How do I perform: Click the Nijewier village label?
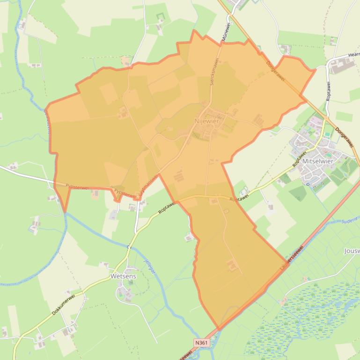click(x=206, y=121)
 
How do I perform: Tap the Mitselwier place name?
click(x=318, y=161)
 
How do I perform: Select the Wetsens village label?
click(x=123, y=276)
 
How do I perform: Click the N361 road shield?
click(x=201, y=343)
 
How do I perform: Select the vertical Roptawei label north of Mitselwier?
click(x=328, y=92)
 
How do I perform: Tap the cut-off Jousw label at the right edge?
click(x=352, y=251)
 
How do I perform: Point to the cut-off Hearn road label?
click(x=353, y=56)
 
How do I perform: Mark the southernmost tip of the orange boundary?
click(x=219, y=329)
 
